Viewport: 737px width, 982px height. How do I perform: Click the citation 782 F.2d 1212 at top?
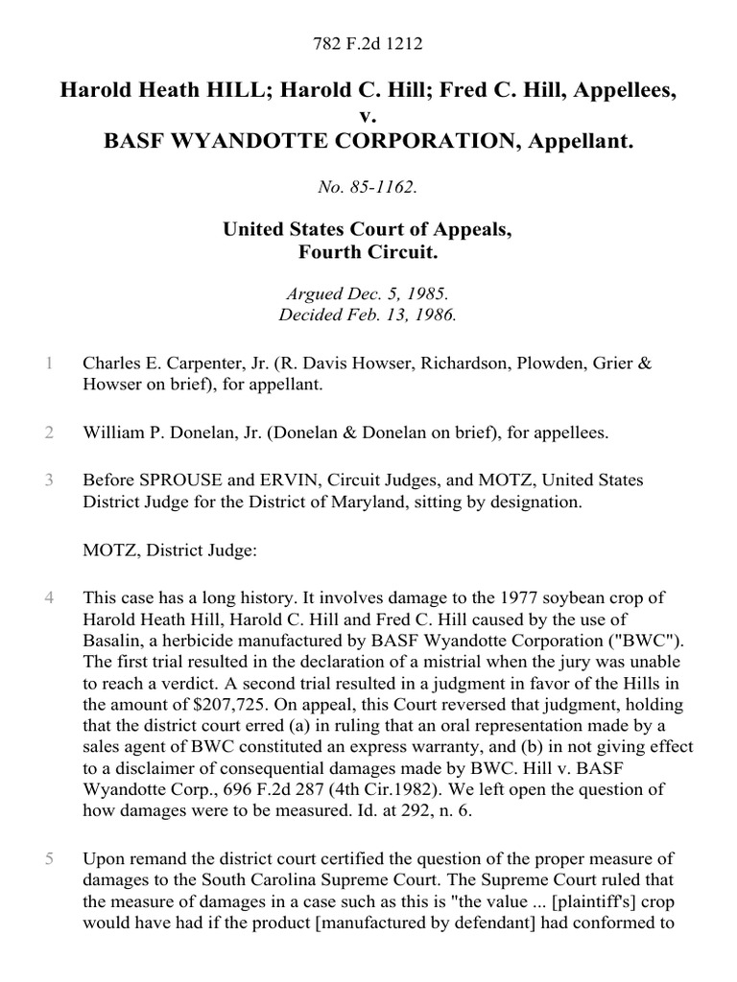(x=368, y=43)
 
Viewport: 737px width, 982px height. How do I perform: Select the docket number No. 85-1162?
(x=368, y=188)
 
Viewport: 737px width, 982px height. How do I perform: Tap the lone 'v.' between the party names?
(x=368, y=116)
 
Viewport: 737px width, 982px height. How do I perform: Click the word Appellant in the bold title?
(x=581, y=141)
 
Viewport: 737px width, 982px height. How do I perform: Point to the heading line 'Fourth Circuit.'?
(x=368, y=252)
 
